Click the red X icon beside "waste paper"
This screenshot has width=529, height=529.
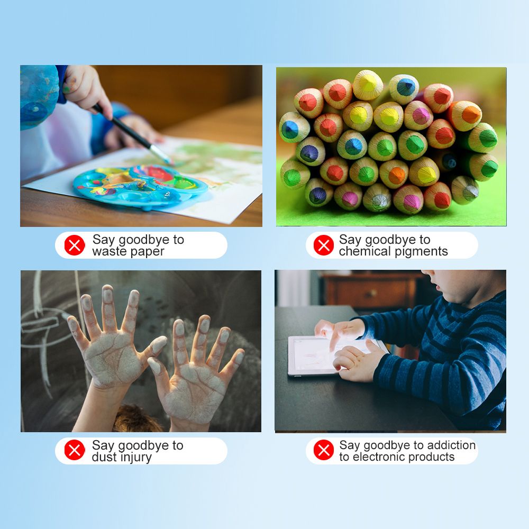click(x=75, y=245)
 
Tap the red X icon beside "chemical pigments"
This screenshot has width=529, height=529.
click(x=324, y=245)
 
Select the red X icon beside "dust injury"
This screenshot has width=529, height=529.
click(x=75, y=450)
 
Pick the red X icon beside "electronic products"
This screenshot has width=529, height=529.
click(x=324, y=450)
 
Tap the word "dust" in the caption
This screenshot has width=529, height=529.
click(x=105, y=457)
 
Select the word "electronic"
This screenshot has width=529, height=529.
click(x=379, y=457)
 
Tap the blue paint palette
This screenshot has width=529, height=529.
click(x=140, y=187)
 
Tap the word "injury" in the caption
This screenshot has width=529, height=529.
click(x=136, y=457)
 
